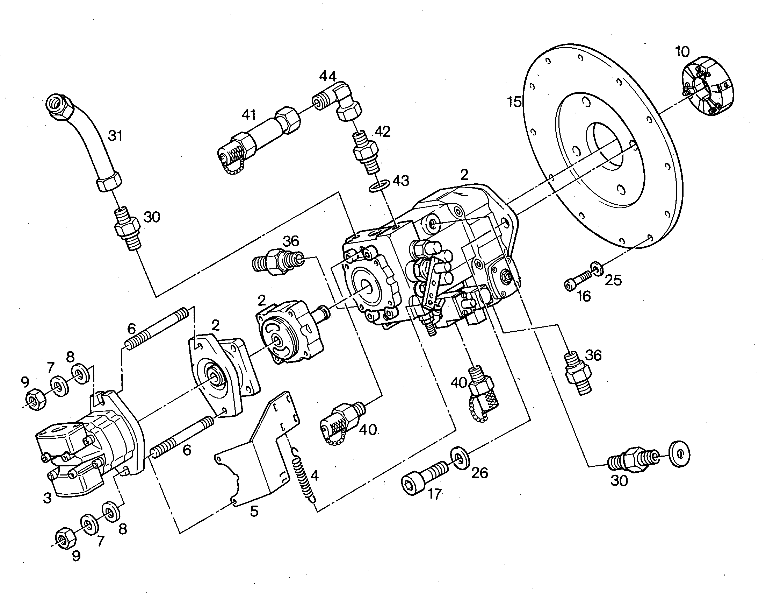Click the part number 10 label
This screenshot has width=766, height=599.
[682, 52]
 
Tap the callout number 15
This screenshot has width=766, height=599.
[514, 102]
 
